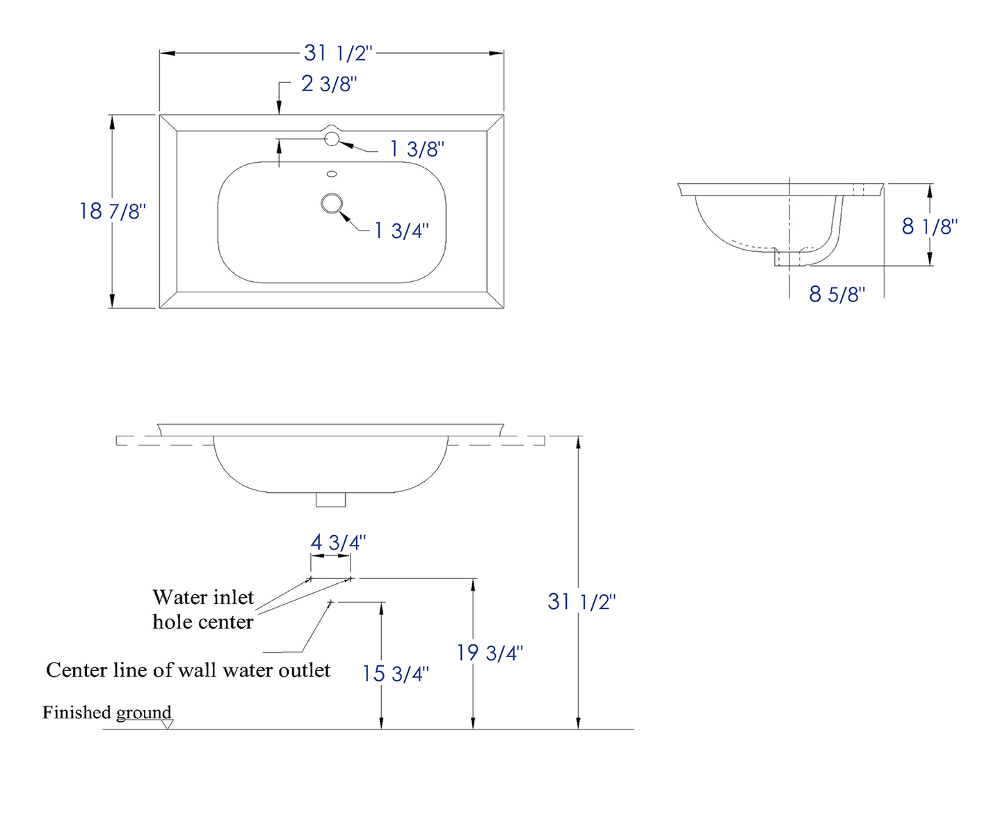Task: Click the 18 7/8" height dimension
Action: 112,211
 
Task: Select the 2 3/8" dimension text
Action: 329,84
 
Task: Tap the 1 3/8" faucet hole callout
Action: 417,149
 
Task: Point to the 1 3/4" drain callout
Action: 401,231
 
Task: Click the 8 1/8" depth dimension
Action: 929,226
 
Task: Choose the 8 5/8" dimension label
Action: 837,294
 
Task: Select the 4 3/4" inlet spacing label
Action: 338,543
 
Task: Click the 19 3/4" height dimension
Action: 490,654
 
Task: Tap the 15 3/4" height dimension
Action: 395,674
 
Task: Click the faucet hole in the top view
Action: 332,138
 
